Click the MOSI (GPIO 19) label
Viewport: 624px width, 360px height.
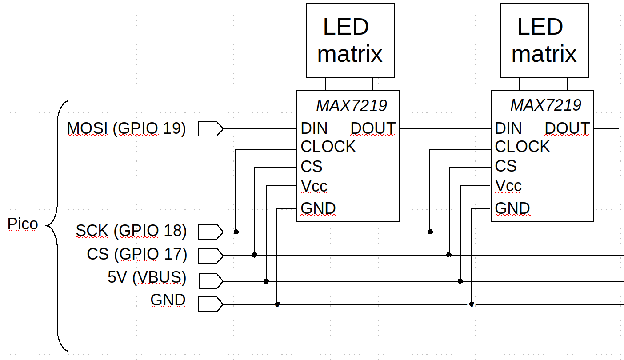point(126,129)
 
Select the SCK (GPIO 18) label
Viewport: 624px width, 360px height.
point(131,231)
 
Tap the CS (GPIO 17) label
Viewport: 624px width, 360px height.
point(137,255)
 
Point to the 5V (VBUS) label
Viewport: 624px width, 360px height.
point(147,278)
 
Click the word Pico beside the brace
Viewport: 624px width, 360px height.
point(23,224)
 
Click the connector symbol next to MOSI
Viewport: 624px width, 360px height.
point(210,129)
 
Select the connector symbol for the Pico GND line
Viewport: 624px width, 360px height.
point(210,304)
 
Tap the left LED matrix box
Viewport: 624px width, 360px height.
point(350,40)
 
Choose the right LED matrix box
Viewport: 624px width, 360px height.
point(544,40)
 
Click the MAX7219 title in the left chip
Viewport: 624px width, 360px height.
point(351,106)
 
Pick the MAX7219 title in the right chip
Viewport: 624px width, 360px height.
point(545,106)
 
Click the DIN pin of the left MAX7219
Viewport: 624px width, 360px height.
point(314,129)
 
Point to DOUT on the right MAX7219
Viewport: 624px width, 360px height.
point(567,129)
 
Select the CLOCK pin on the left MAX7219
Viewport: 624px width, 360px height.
point(328,147)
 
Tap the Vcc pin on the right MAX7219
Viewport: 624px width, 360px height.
point(508,186)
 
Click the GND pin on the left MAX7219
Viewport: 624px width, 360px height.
point(318,208)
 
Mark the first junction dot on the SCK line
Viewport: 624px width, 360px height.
point(236,232)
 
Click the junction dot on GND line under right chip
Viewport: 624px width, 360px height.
point(472,304)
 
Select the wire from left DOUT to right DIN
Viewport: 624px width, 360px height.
point(444,129)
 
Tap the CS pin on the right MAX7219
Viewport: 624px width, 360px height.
point(506,167)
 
